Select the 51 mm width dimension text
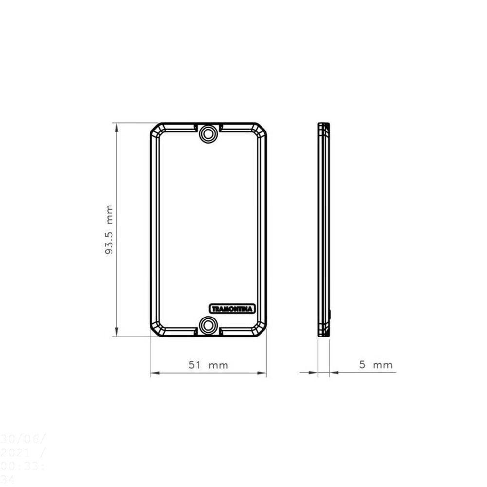208,365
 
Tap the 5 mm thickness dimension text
375,365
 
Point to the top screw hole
209,132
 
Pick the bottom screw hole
209,325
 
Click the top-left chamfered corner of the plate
156,130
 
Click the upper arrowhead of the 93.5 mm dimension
116,127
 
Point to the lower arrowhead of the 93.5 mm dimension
116,332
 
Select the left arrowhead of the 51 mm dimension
154,374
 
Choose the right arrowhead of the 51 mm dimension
263,374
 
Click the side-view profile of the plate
323,229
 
